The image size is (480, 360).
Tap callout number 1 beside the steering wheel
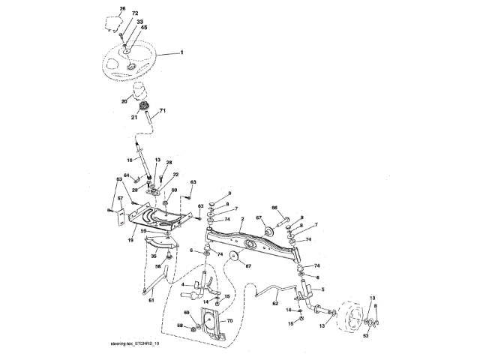tap(181, 53)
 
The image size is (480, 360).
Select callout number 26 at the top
tap(124, 7)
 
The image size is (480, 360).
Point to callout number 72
tap(135, 14)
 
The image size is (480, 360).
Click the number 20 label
tap(124, 100)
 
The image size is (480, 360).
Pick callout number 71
tap(162, 110)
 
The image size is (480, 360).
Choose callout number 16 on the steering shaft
tap(130, 160)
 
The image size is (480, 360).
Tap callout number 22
tap(176, 175)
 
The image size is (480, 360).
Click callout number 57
tap(120, 198)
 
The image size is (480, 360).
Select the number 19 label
tap(130, 240)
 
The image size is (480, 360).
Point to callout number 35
tap(153, 255)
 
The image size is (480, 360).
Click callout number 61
tap(151, 300)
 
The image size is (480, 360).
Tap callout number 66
tap(274, 208)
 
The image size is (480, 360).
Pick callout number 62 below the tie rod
tap(275, 304)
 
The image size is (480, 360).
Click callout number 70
tap(229, 321)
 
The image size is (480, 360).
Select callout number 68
tap(180, 325)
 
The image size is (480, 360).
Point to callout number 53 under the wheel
tap(365, 336)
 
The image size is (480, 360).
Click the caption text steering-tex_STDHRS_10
tap(134, 343)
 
